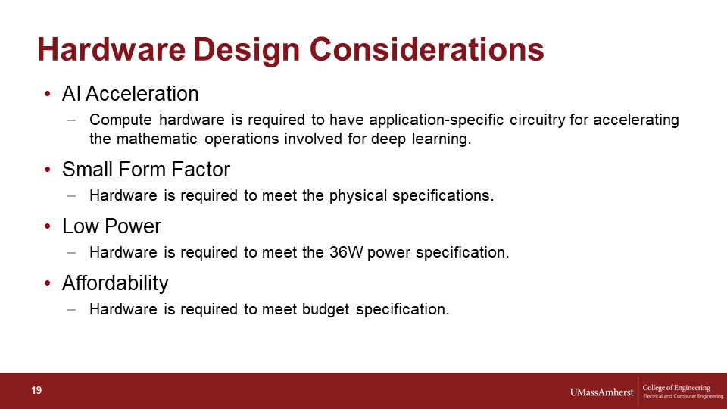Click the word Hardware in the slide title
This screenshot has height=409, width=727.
[x=111, y=49]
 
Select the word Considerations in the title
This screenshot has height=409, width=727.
[x=426, y=49]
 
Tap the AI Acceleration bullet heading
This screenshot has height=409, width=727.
[x=130, y=94]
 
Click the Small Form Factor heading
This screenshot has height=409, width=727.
[x=146, y=169]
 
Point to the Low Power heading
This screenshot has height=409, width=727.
[x=112, y=226]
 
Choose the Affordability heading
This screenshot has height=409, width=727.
[x=115, y=283]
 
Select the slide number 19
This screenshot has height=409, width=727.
[x=36, y=391]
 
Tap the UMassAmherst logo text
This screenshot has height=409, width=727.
[x=601, y=392]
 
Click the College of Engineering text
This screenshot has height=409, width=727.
[x=676, y=388]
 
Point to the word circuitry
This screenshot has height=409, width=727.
[x=538, y=120]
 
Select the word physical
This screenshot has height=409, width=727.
[x=358, y=195]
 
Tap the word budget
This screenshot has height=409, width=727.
[x=326, y=309]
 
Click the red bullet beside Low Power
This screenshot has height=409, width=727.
[x=47, y=226]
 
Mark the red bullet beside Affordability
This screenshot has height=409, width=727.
[x=47, y=283]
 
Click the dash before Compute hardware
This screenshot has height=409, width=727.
[x=71, y=120]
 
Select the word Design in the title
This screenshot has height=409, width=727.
[x=246, y=50]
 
